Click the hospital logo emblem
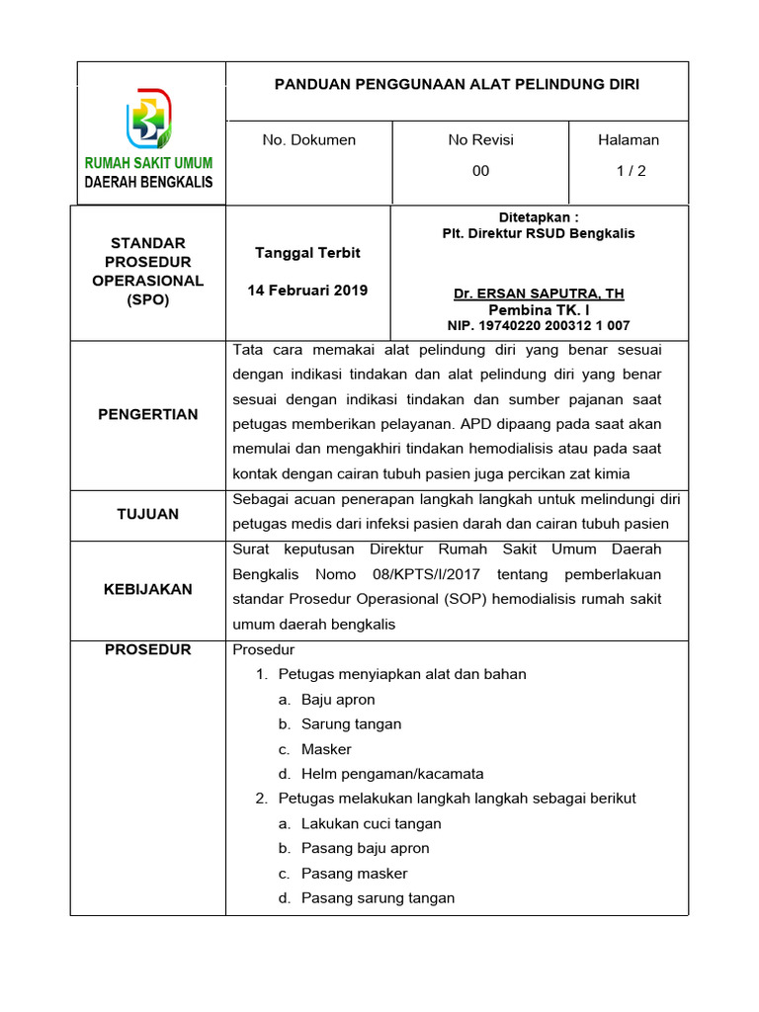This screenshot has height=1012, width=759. click(150, 118)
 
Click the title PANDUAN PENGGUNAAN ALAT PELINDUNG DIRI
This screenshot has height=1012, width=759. click(457, 85)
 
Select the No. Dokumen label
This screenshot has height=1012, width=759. click(308, 140)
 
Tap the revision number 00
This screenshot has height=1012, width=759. click(480, 171)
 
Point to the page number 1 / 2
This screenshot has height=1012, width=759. click(631, 171)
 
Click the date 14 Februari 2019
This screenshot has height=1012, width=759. click(308, 291)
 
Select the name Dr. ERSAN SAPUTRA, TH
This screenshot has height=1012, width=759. click(539, 295)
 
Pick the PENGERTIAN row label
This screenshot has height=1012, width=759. click(148, 415)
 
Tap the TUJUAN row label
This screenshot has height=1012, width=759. click(148, 514)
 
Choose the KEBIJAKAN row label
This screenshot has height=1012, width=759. click(148, 589)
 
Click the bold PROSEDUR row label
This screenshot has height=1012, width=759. click(148, 650)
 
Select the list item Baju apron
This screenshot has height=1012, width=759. click(338, 700)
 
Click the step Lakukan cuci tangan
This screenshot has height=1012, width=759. click(371, 824)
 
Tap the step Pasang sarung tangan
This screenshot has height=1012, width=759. click(378, 898)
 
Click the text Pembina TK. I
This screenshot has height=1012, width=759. click(539, 310)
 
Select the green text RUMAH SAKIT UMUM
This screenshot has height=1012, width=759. click(148, 163)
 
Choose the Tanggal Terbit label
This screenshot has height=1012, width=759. click(308, 253)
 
